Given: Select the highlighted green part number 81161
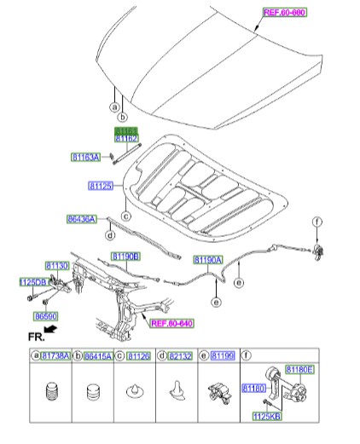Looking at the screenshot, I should (126, 129).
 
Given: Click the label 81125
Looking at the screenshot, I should (102, 185).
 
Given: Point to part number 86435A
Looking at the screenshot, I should (84, 218).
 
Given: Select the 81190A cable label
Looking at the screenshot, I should (208, 259).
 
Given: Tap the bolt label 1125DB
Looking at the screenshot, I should (33, 281).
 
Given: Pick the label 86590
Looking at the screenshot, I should (48, 314).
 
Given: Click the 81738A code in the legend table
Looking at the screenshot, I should (53, 355).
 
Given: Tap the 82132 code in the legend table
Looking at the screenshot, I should (177, 355).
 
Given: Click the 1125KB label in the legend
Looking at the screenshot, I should (267, 416).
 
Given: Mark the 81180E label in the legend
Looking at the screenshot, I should (299, 369).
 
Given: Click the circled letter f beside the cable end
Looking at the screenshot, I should (316, 223).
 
